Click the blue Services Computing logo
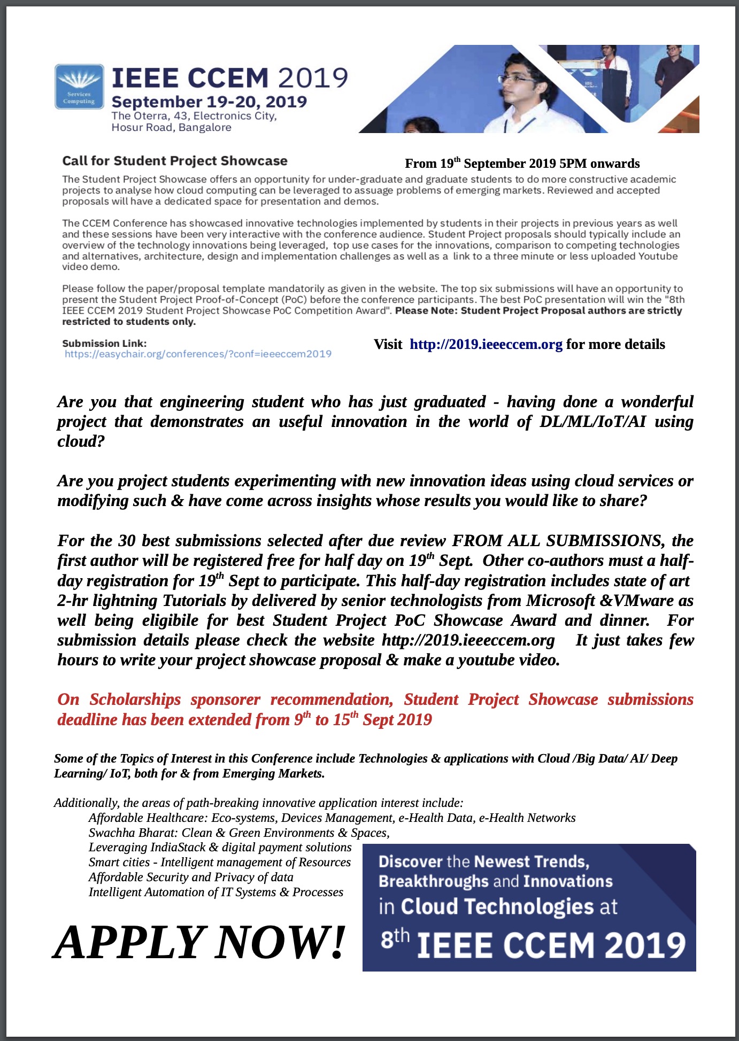click(79, 86)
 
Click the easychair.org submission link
click(198, 354)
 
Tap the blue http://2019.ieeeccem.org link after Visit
click(486, 345)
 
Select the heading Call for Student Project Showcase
click(175, 161)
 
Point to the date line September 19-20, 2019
click(209, 102)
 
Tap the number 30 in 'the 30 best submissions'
click(127, 541)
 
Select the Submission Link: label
click(104, 344)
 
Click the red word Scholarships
click(135, 700)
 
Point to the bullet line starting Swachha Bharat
click(239, 833)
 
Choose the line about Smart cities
click(220, 862)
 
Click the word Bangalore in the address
click(205, 128)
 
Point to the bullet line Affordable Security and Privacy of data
click(191, 877)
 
